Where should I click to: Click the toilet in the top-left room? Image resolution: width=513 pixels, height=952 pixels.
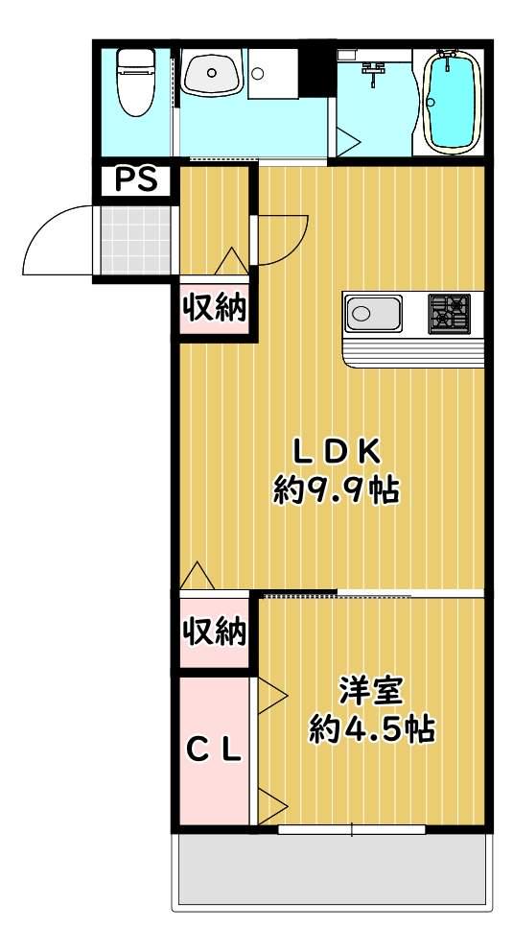[x=136, y=81]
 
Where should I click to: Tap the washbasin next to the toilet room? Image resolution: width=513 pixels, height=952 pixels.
[x=212, y=73]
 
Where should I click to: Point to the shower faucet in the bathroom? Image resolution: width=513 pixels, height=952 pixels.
[x=375, y=67]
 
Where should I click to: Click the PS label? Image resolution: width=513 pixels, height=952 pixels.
[x=136, y=179]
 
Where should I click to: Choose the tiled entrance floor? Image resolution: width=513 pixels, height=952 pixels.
[x=135, y=241]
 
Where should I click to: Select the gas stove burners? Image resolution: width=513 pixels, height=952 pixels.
[x=450, y=313]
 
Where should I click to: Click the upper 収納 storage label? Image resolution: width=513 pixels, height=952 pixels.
[x=215, y=309]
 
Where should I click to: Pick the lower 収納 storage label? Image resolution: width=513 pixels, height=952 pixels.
[x=215, y=633]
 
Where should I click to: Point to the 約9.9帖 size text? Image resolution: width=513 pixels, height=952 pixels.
[x=336, y=490]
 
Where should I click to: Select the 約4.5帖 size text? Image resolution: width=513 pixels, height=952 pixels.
[x=372, y=729]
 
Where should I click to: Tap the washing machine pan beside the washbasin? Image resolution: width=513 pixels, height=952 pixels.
[x=272, y=74]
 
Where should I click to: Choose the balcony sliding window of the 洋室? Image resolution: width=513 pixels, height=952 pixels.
[x=352, y=829]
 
